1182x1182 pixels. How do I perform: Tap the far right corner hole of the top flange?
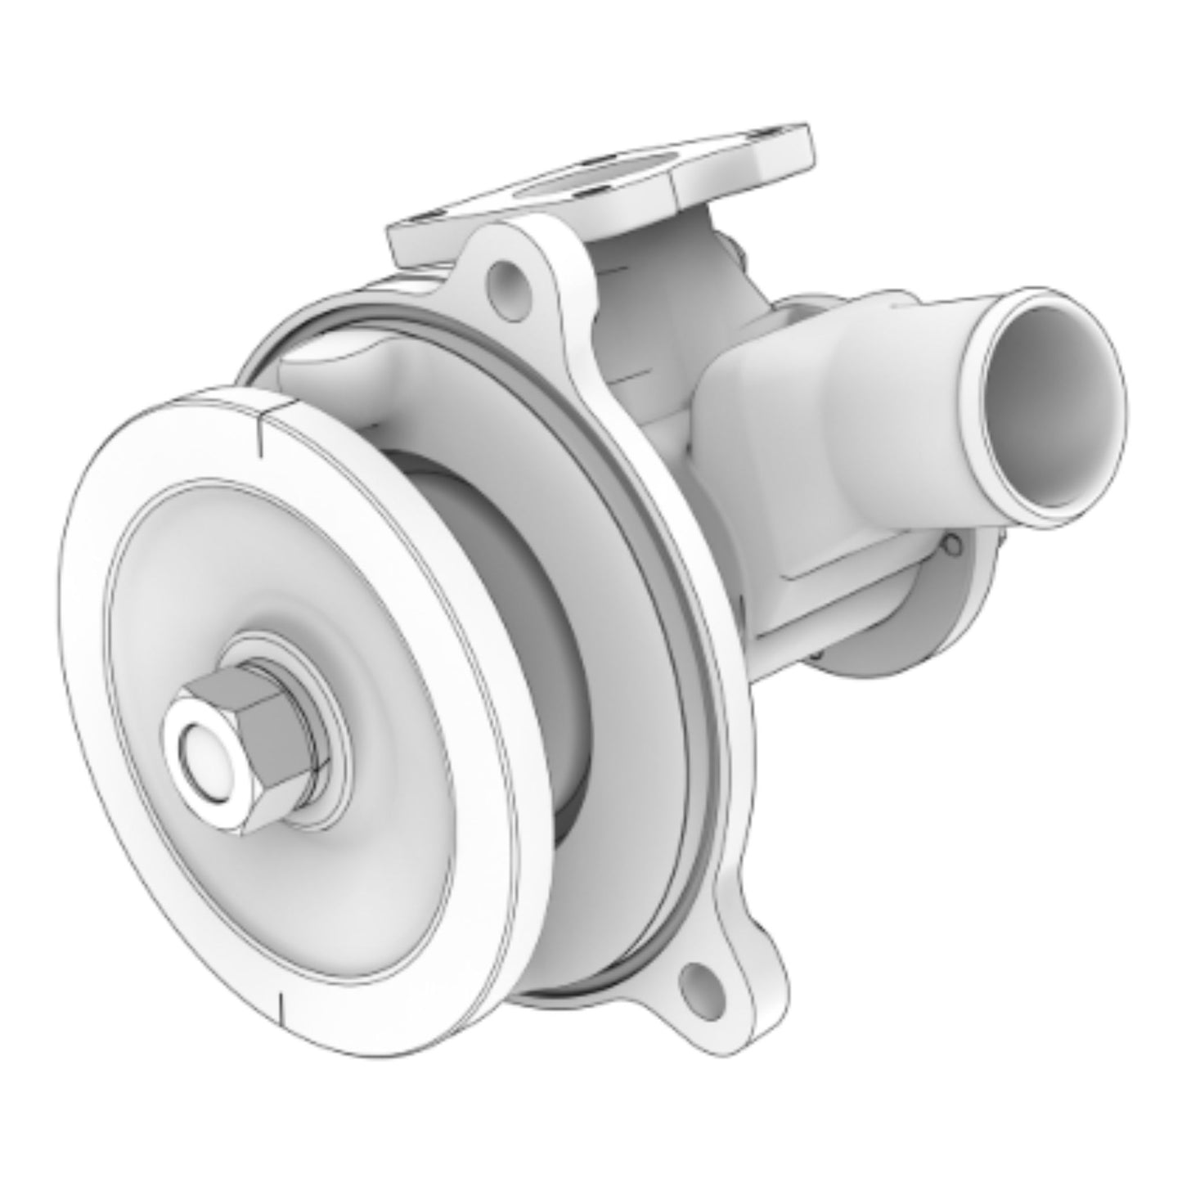773,133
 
